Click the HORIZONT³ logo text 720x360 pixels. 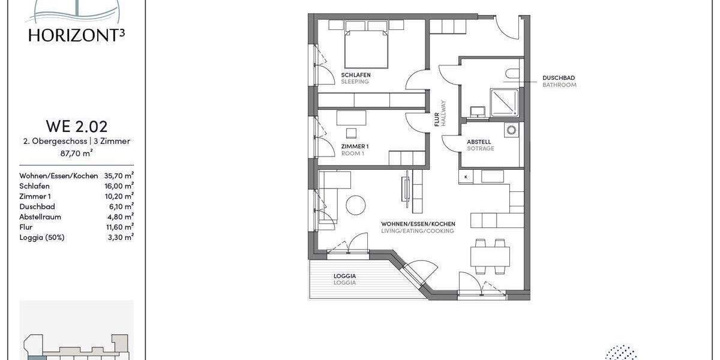coord(76,35)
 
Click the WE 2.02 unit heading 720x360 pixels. coord(76,127)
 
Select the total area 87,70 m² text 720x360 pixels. coord(76,154)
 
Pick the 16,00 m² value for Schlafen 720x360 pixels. coord(119,186)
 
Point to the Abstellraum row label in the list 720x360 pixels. coord(40,217)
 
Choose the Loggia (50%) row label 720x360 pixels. coord(42,237)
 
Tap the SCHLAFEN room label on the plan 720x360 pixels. coord(356,75)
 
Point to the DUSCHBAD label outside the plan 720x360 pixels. coord(559,78)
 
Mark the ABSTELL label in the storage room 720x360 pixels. coord(479,142)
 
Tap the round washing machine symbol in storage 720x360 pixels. coord(511,130)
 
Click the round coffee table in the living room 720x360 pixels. coord(356,205)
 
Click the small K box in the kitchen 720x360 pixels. coord(466,177)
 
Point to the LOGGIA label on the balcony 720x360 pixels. coord(344,276)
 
